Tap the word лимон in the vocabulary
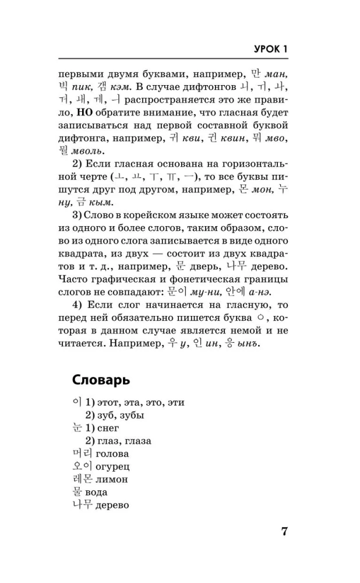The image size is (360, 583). point(110,479)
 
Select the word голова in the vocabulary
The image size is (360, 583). point(109,454)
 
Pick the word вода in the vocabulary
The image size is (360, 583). point(95,492)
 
